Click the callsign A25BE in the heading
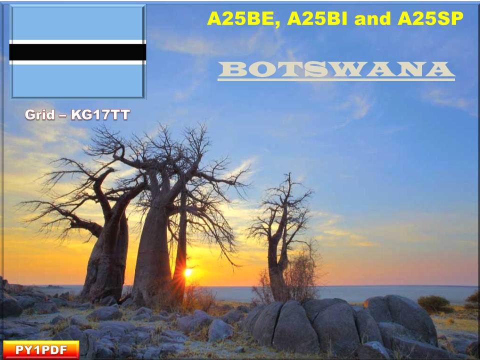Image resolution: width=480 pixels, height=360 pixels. click(243, 18)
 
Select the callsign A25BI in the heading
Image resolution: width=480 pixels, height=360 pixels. click(317, 18)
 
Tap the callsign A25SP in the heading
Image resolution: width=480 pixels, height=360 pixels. click(430, 18)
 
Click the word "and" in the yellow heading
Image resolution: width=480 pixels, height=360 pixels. click(372, 18)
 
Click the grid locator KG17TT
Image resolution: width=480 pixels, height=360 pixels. click(100, 115)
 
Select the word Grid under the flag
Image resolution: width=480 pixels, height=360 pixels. click(40, 115)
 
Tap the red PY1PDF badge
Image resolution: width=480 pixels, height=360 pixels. click(41, 349)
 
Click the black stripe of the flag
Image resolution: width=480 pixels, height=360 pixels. click(78, 52)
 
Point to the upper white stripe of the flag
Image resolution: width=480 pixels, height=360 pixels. click(78, 42)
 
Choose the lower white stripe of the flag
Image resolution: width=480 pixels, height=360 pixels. click(78, 62)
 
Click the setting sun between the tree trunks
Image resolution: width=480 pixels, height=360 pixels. click(188, 272)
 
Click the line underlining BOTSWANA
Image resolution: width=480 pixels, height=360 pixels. click(336, 79)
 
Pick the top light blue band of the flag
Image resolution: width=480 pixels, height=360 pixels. click(78, 23)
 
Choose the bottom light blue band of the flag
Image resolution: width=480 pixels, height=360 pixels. click(78, 81)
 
